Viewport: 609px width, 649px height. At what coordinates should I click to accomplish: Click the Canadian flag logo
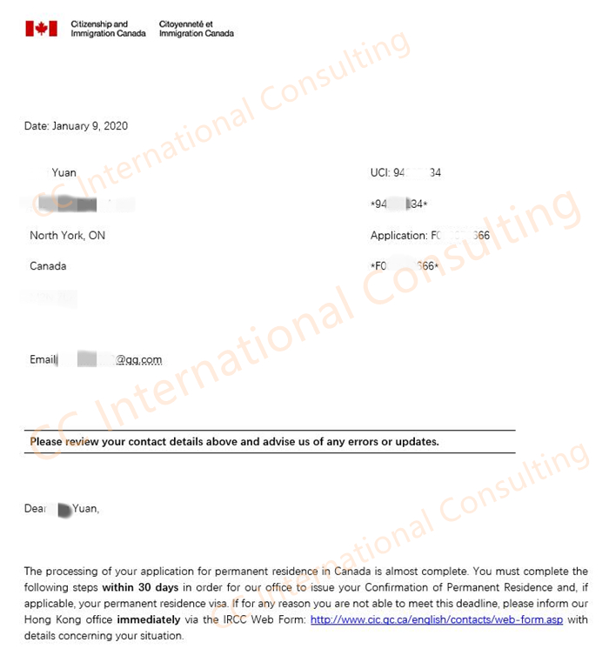tap(41, 29)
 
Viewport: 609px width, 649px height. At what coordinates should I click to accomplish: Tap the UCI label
tap(379, 173)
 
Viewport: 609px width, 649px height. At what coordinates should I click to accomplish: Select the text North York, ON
tap(67, 236)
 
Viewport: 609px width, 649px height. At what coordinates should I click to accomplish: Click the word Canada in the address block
tap(48, 265)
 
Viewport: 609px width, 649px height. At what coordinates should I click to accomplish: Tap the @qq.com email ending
tap(138, 360)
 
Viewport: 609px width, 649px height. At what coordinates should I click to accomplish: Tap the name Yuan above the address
tap(64, 173)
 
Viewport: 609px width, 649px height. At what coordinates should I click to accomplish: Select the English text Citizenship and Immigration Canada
tap(108, 29)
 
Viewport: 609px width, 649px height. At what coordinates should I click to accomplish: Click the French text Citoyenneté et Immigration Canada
tap(197, 29)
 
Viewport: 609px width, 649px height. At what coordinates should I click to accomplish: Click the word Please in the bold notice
tap(48, 442)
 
